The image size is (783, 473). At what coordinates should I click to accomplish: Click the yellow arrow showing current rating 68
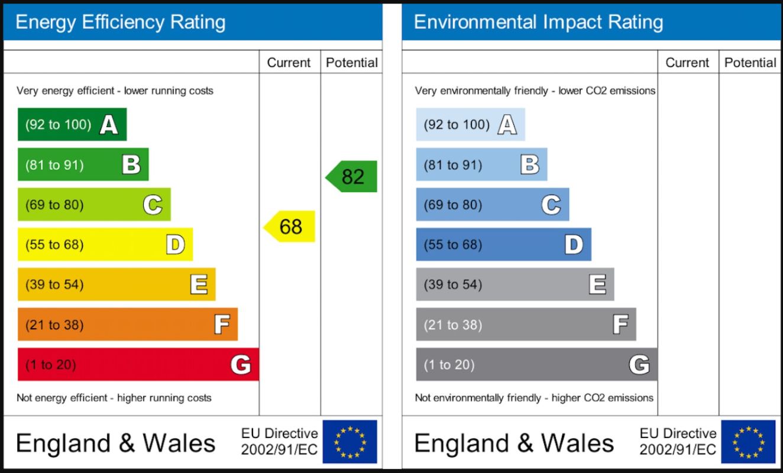pos(290,226)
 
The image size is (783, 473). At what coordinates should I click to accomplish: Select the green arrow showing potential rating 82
pos(352,176)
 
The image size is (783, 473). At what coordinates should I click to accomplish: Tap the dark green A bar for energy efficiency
pos(72,124)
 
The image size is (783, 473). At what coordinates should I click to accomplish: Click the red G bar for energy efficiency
pos(138,364)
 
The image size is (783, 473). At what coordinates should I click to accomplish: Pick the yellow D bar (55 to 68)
pos(105,244)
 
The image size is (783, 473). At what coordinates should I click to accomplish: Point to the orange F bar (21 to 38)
pos(127,324)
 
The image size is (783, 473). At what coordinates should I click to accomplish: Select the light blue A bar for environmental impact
pos(470,124)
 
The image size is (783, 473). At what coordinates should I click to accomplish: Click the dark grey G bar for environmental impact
pos(536,364)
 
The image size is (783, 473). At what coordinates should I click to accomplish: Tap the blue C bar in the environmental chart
pos(492,205)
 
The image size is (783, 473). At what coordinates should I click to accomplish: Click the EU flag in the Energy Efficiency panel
pos(350,442)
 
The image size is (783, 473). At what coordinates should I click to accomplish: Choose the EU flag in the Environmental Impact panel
pos(748,442)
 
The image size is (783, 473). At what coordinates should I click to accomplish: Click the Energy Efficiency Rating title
pos(121,22)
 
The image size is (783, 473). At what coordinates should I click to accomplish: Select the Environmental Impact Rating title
pos(538,22)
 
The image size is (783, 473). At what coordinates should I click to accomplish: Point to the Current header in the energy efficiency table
pos(289,63)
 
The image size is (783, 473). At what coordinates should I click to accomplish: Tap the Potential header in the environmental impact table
pos(750,63)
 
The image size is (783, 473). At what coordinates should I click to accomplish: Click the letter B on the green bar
pos(131,164)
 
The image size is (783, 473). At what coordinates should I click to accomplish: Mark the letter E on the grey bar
pos(597,284)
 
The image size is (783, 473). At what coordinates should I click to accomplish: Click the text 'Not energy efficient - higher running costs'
pos(114,398)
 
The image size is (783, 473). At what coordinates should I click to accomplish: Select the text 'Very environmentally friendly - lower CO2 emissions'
pos(535,91)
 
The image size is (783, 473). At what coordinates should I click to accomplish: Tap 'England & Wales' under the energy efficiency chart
pos(116,443)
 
